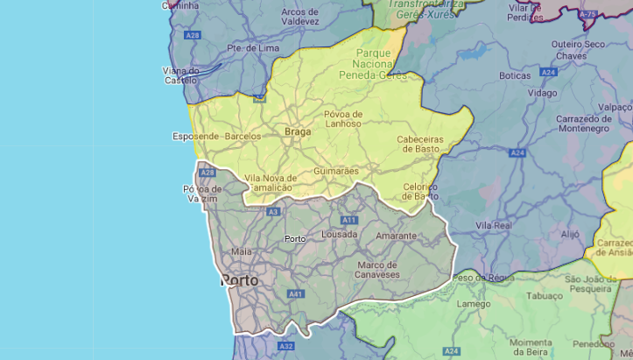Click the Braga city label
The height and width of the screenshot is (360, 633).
point(298,132)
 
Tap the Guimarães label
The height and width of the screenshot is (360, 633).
point(336,171)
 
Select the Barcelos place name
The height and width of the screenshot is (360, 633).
point(243,137)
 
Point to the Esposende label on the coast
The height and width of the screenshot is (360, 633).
point(197,137)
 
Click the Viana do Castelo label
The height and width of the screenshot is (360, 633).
point(181,75)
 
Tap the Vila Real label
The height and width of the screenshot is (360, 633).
point(493,225)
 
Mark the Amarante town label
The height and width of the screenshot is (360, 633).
point(396,236)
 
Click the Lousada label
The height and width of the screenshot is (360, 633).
point(340,235)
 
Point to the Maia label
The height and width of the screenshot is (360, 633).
point(242,251)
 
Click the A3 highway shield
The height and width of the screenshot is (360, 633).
point(274,212)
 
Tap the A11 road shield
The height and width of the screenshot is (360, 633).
point(349,220)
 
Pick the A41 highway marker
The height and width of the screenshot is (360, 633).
point(295,293)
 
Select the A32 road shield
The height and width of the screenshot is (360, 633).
point(286,347)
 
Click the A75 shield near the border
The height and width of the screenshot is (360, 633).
point(588,14)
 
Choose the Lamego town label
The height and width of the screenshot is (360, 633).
point(474,304)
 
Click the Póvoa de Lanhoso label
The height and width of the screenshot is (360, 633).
point(342,119)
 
